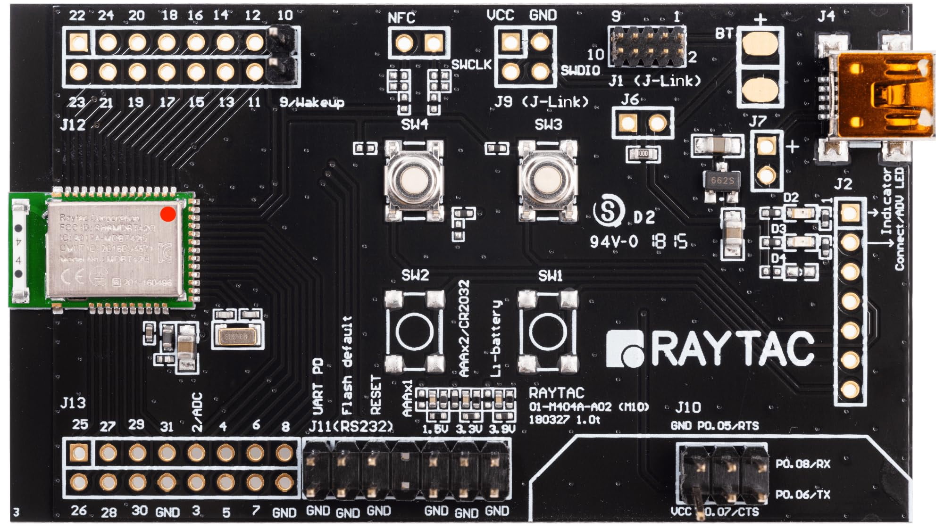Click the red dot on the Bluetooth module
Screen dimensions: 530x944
[168, 214]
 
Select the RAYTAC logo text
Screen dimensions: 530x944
[710, 349]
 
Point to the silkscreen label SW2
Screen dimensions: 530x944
[415, 275]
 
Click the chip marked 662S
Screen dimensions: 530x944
[721, 181]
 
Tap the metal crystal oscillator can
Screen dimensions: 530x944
[236, 336]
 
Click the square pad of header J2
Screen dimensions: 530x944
[850, 213]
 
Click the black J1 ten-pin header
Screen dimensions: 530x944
[647, 46]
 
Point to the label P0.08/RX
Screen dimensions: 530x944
[802, 464]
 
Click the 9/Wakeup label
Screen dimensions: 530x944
[311, 102]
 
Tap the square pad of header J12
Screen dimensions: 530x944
[78, 43]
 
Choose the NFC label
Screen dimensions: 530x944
[401, 18]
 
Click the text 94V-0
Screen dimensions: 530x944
[613, 242]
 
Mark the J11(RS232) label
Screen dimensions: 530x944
[351, 427]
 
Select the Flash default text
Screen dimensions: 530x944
[347, 365]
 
